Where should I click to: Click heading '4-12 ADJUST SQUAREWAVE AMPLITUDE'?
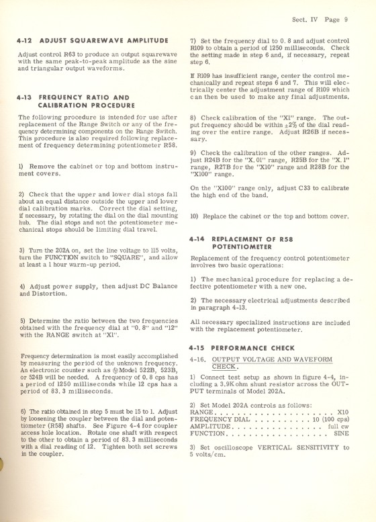tap(84, 40)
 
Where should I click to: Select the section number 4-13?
tap(28, 97)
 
